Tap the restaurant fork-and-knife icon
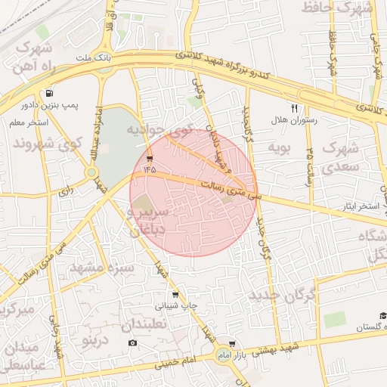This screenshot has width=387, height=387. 294,108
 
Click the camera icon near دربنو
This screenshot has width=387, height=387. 133,342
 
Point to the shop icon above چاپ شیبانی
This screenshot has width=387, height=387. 175,295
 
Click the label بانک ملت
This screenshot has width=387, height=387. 96,57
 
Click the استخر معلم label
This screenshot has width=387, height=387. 30,122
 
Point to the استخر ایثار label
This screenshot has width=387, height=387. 358,206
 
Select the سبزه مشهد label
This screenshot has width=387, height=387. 101,267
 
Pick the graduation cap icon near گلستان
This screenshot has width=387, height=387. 382,315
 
